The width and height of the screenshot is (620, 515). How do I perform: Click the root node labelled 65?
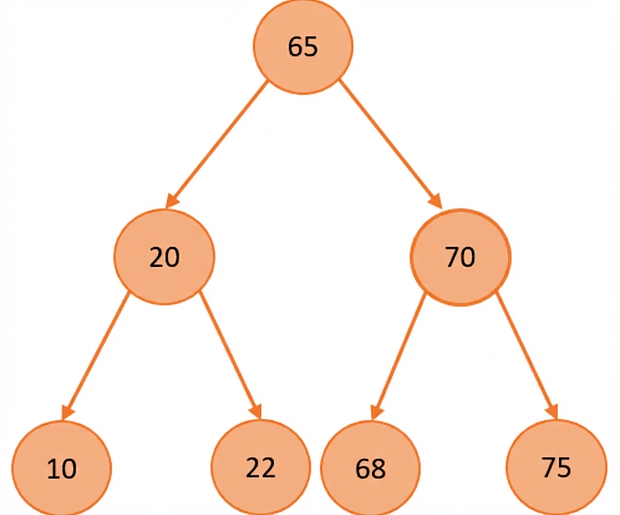[x=303, y=46]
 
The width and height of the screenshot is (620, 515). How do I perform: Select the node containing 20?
[x=164, y=257]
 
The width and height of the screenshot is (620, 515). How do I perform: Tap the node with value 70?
[x=461, y=257]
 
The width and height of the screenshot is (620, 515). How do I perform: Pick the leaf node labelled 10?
[x=62, y=468]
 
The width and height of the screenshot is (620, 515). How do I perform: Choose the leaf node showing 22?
[x=260, y=468]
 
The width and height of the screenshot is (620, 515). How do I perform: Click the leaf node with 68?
[x=371, y=468]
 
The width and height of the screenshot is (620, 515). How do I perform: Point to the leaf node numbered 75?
[x=556, y=467]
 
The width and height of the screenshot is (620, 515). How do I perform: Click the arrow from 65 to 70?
[x=390, y=143]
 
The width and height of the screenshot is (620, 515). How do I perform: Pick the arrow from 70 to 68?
[x=398, y=356]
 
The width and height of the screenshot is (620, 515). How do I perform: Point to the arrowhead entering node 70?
[x=436, y=200]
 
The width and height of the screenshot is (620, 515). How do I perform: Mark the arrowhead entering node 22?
[x=256, y=411]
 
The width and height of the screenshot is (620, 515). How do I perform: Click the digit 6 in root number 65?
[x=295, y=46]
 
